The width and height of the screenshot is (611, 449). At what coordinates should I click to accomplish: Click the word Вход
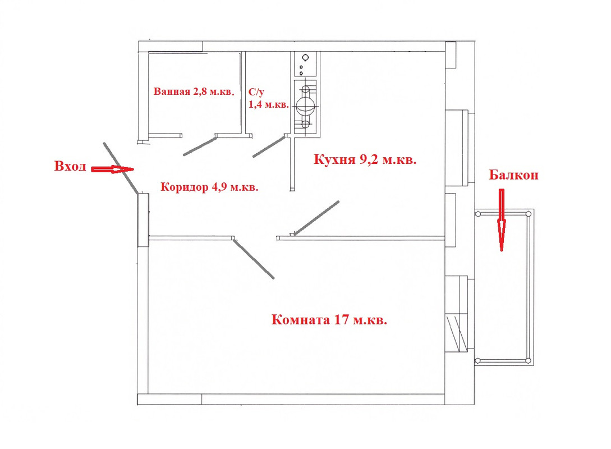click(70, 166)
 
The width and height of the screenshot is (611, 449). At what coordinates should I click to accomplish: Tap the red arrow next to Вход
click(112, 169)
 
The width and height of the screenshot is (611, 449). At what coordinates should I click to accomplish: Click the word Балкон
click(513, 175)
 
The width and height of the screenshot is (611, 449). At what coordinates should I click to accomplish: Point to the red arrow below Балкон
click(502, 220)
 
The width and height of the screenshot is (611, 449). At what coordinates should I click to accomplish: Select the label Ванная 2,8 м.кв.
click(194, 91)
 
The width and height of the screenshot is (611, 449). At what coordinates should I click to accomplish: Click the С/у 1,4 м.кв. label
click(269, 98)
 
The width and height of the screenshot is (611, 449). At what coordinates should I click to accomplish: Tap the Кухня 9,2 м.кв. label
click(365, 159)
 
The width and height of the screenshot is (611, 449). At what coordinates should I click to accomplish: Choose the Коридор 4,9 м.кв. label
click(210, 187)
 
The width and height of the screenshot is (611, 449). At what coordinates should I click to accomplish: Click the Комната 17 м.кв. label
click(329, 320)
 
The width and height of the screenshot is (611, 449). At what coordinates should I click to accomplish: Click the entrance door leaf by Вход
click(121, 168)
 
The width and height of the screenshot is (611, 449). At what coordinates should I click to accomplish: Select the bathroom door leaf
click(200, 146)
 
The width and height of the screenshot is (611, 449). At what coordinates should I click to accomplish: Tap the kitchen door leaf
click(316, 218)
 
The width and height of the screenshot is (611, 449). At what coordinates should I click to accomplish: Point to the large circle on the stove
click(306, 105)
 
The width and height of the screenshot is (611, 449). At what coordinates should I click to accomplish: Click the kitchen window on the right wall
click(460, 148)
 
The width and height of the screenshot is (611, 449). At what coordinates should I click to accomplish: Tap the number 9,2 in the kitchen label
click(369, 160)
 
